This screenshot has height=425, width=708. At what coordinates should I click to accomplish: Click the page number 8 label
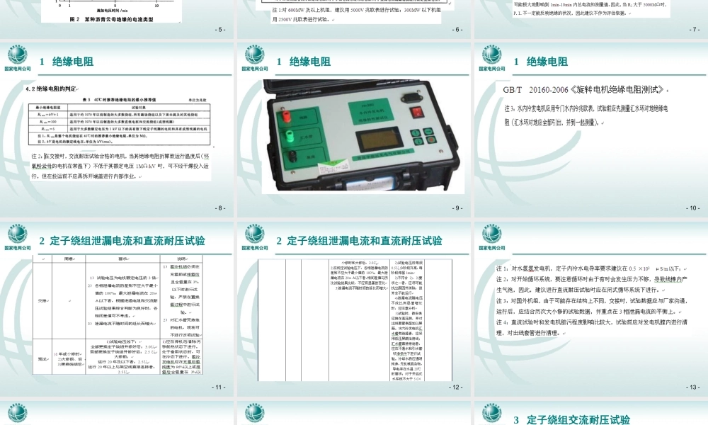pos(221,208)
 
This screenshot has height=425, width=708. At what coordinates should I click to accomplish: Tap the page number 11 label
pos(220,387)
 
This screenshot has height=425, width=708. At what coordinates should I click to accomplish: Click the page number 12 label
pos(457,387)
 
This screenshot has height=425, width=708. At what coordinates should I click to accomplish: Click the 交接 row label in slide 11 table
pos(43,300)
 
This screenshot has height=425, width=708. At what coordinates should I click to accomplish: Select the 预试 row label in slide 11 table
pos(44,358)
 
